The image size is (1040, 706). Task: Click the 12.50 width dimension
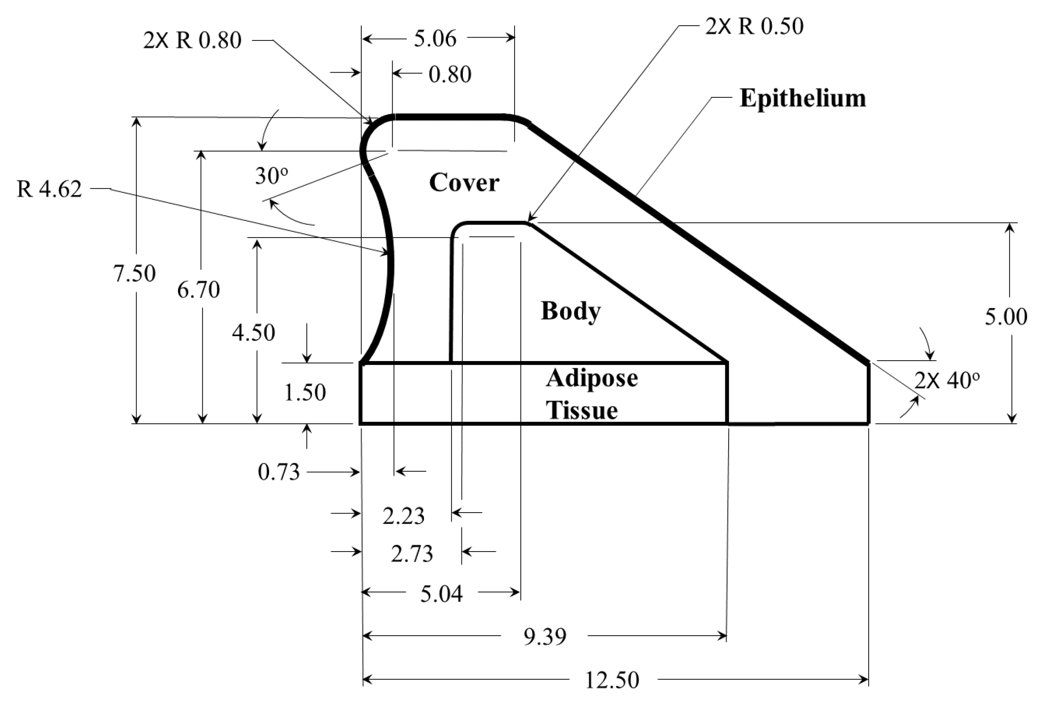[612, 680]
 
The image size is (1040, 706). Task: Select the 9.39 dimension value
[544, 637]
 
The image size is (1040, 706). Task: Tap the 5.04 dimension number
[441, 594]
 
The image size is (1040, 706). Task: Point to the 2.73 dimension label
[412, 554]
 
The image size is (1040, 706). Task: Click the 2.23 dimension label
[403, 516]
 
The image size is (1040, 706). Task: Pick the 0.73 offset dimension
[279, 472]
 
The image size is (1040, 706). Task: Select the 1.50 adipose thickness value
[305, 393]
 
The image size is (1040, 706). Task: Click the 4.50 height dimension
[253, 333]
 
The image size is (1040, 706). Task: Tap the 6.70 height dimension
[198, 290]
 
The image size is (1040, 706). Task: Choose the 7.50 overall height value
[134, 274]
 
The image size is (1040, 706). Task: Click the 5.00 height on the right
[1006, 317]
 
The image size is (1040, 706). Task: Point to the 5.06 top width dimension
[435, 38]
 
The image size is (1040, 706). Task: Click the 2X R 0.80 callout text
[192, 40]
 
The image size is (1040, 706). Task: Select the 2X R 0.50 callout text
[754, 26]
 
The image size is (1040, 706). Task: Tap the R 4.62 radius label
[49, 189]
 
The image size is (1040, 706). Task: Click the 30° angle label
[271, 176]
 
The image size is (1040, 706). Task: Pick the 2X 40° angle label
[947, 381]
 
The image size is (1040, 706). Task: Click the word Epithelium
[803, 98]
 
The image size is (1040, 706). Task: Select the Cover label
[464, 183]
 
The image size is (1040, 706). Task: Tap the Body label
[571, 311]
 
